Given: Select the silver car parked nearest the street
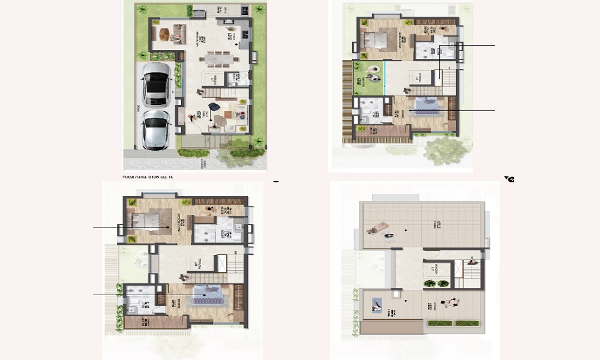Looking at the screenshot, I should tap(157, 129).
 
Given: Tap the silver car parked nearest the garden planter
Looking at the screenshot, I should tap(157, 84).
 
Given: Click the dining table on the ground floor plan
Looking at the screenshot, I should tap(221, 58).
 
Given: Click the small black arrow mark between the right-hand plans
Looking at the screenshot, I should tap(510, 179).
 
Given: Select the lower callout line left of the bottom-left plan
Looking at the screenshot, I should tap(107, 295).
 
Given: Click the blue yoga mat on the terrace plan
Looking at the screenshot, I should tap(377, 305).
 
